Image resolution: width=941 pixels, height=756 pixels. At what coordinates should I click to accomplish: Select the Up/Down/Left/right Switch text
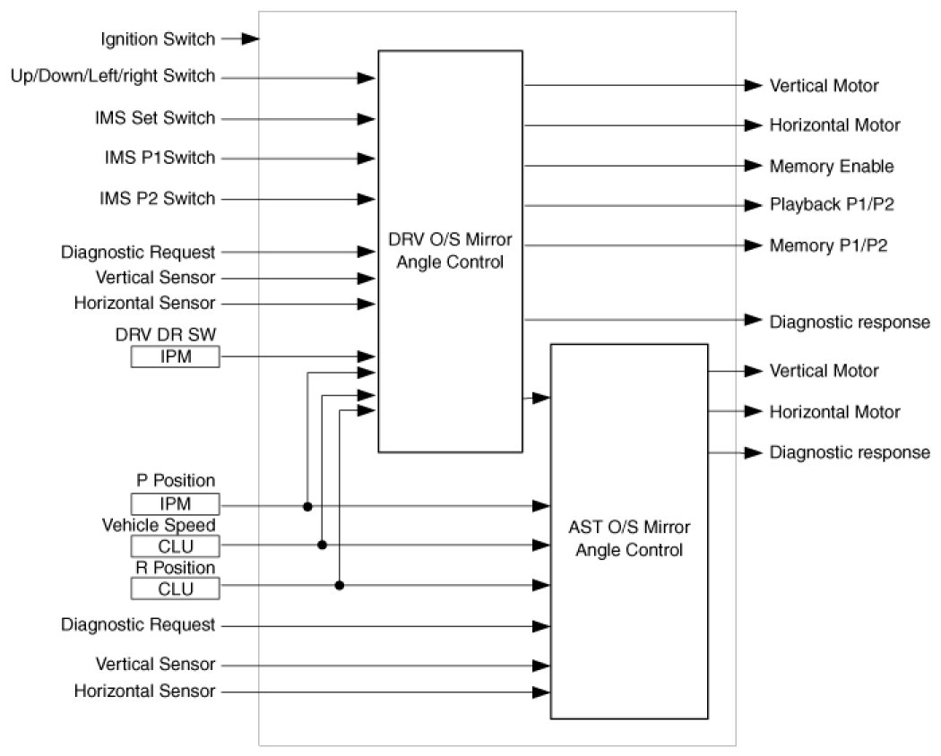[113, 77]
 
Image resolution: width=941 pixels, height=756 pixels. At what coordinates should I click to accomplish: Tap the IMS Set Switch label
[154, 118]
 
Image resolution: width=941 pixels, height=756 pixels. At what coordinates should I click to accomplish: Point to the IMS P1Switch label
[157, 159]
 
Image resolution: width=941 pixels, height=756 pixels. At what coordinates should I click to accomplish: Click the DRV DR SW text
[166, 335]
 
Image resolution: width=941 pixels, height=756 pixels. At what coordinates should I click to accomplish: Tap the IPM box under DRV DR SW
[175, 357]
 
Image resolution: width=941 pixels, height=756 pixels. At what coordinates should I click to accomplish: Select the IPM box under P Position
[175, 504]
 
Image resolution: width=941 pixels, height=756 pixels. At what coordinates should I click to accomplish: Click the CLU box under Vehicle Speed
[175, 546]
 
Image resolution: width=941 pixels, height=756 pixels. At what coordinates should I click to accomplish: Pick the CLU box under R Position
[175, 588]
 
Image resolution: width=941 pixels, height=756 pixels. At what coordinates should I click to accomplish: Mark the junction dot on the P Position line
[307, 506]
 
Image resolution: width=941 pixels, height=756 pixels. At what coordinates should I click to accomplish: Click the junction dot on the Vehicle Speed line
[323, 545]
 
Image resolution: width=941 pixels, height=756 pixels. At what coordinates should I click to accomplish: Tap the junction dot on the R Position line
[340, 586]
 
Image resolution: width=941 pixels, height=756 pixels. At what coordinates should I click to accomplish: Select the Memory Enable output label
[832, 167]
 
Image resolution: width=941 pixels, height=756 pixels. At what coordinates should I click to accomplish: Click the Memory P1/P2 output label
[829, 245]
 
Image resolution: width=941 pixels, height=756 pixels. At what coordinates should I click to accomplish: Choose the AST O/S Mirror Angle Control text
[628, 538]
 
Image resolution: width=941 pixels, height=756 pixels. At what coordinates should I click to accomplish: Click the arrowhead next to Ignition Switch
[251, 39]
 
